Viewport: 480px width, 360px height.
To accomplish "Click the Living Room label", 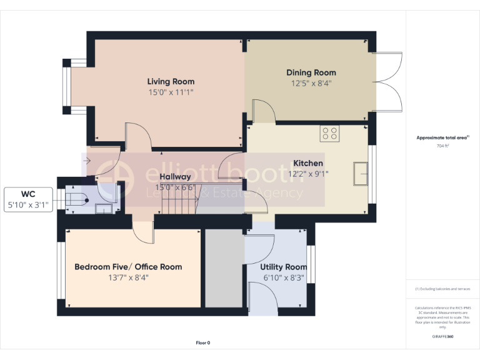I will (x=171, y=81).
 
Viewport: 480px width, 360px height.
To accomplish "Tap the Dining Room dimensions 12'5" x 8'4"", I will (x=311, y=82).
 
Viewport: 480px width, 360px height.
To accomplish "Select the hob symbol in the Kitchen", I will (x=329, y=133).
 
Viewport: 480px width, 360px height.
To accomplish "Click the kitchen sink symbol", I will (x=360, y=173).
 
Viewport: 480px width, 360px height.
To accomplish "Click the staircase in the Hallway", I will (x=178, y=200).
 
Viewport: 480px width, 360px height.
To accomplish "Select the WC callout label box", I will (x=28, y=199).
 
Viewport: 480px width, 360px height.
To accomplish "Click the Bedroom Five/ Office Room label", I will (x=128, y=267).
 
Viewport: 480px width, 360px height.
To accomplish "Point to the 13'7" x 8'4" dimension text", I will (x=128, y=277).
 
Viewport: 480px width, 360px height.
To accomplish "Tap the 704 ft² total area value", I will (x=442, y=146).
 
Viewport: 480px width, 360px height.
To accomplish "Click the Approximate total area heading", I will (x=442, y=137).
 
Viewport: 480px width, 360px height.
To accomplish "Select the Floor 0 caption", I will (x=203, y=342).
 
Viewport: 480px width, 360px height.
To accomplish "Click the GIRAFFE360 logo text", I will (x=442, y=337).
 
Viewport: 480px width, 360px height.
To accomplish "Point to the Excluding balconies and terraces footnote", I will (x=442, y=289).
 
